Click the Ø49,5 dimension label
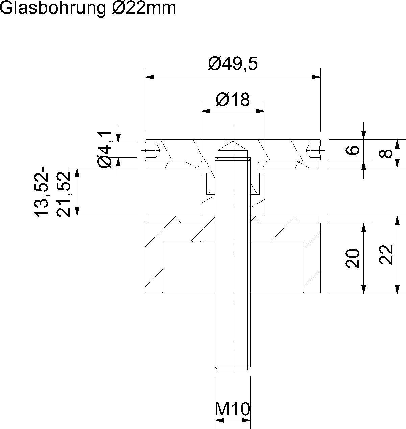coord(233,63)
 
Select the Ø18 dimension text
coord(233,100)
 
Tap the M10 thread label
coord(233,409)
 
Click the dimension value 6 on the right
coord(353,150)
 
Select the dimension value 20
coord(353,259)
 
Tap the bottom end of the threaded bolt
coord(233,368)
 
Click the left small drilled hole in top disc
coord(152,150)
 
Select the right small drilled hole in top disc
coord(313,150)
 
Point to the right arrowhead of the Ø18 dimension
coord(261,111)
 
